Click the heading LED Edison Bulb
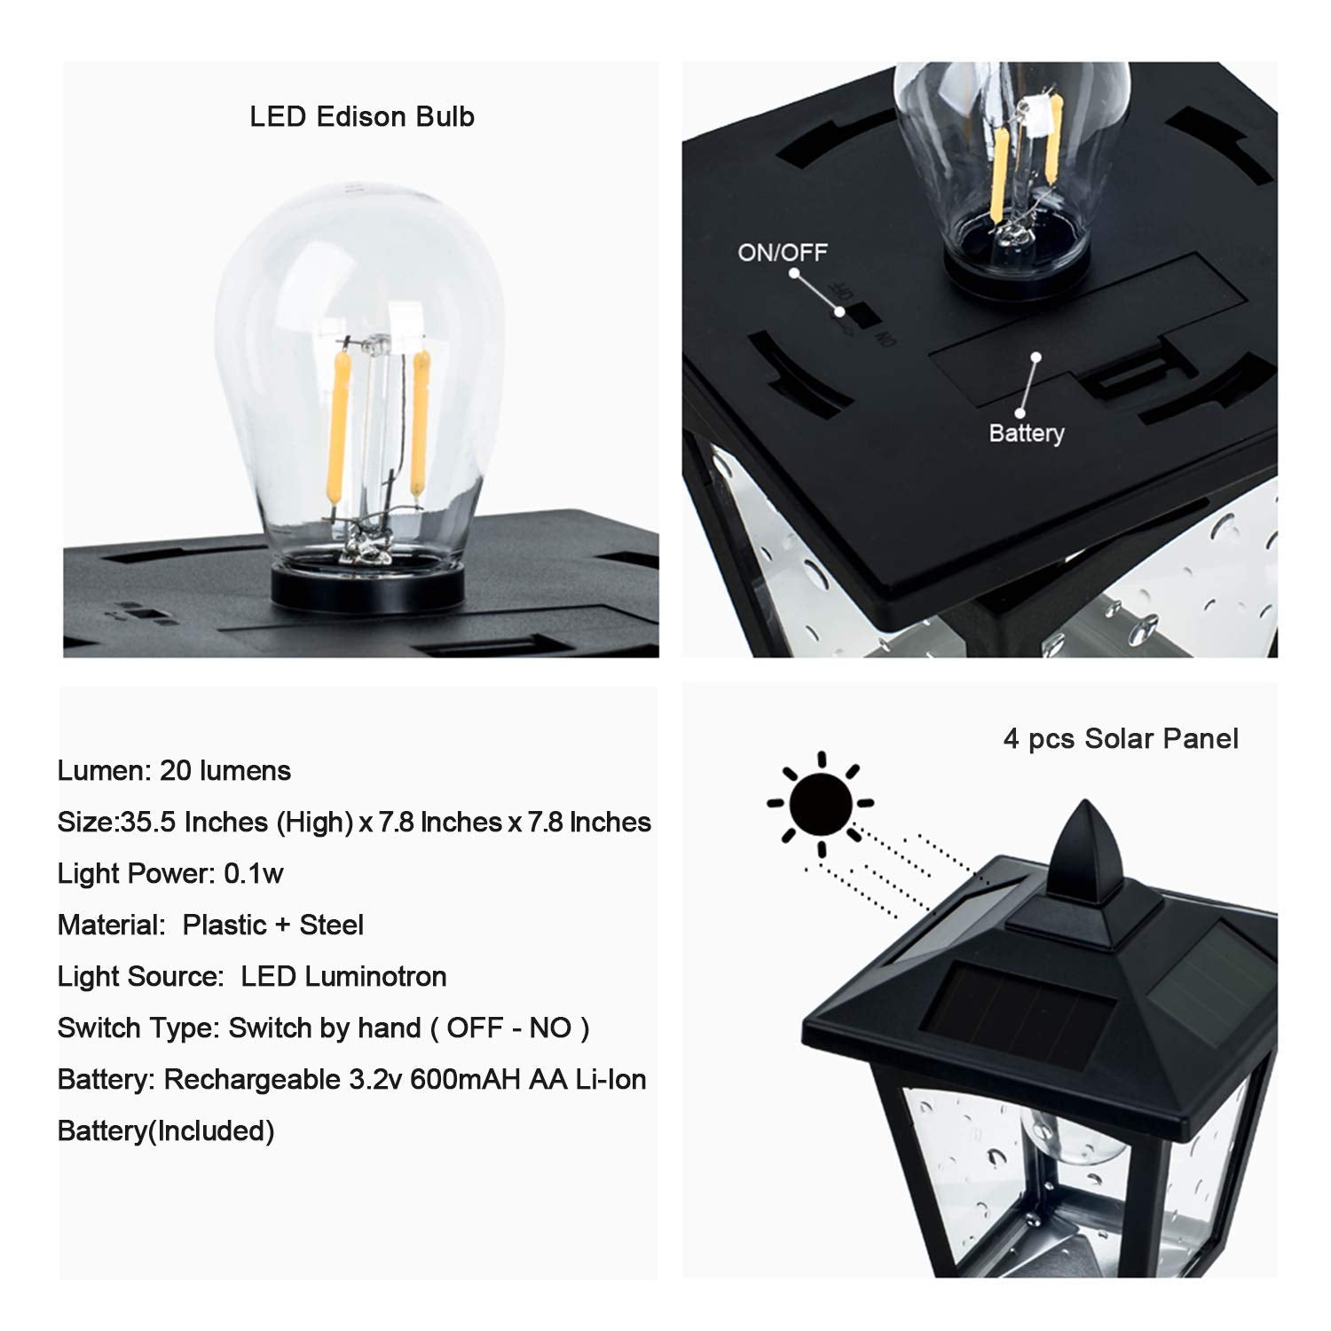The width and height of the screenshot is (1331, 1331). [x=362, y=117]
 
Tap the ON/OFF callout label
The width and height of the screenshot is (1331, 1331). [x=783, y=253]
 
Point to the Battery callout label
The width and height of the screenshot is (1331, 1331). [x=1027, y=434]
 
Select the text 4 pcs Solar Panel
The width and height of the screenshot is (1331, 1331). [x=1121, y=739]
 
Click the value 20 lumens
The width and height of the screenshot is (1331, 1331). [x=225, y=771]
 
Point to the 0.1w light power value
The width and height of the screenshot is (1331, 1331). [x=254, y=874]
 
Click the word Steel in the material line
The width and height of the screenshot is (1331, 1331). [x=332, y=925]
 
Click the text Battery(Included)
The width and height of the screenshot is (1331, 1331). [x=166, y=1131]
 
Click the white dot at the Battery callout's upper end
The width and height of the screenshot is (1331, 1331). [x=1036, y=358]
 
